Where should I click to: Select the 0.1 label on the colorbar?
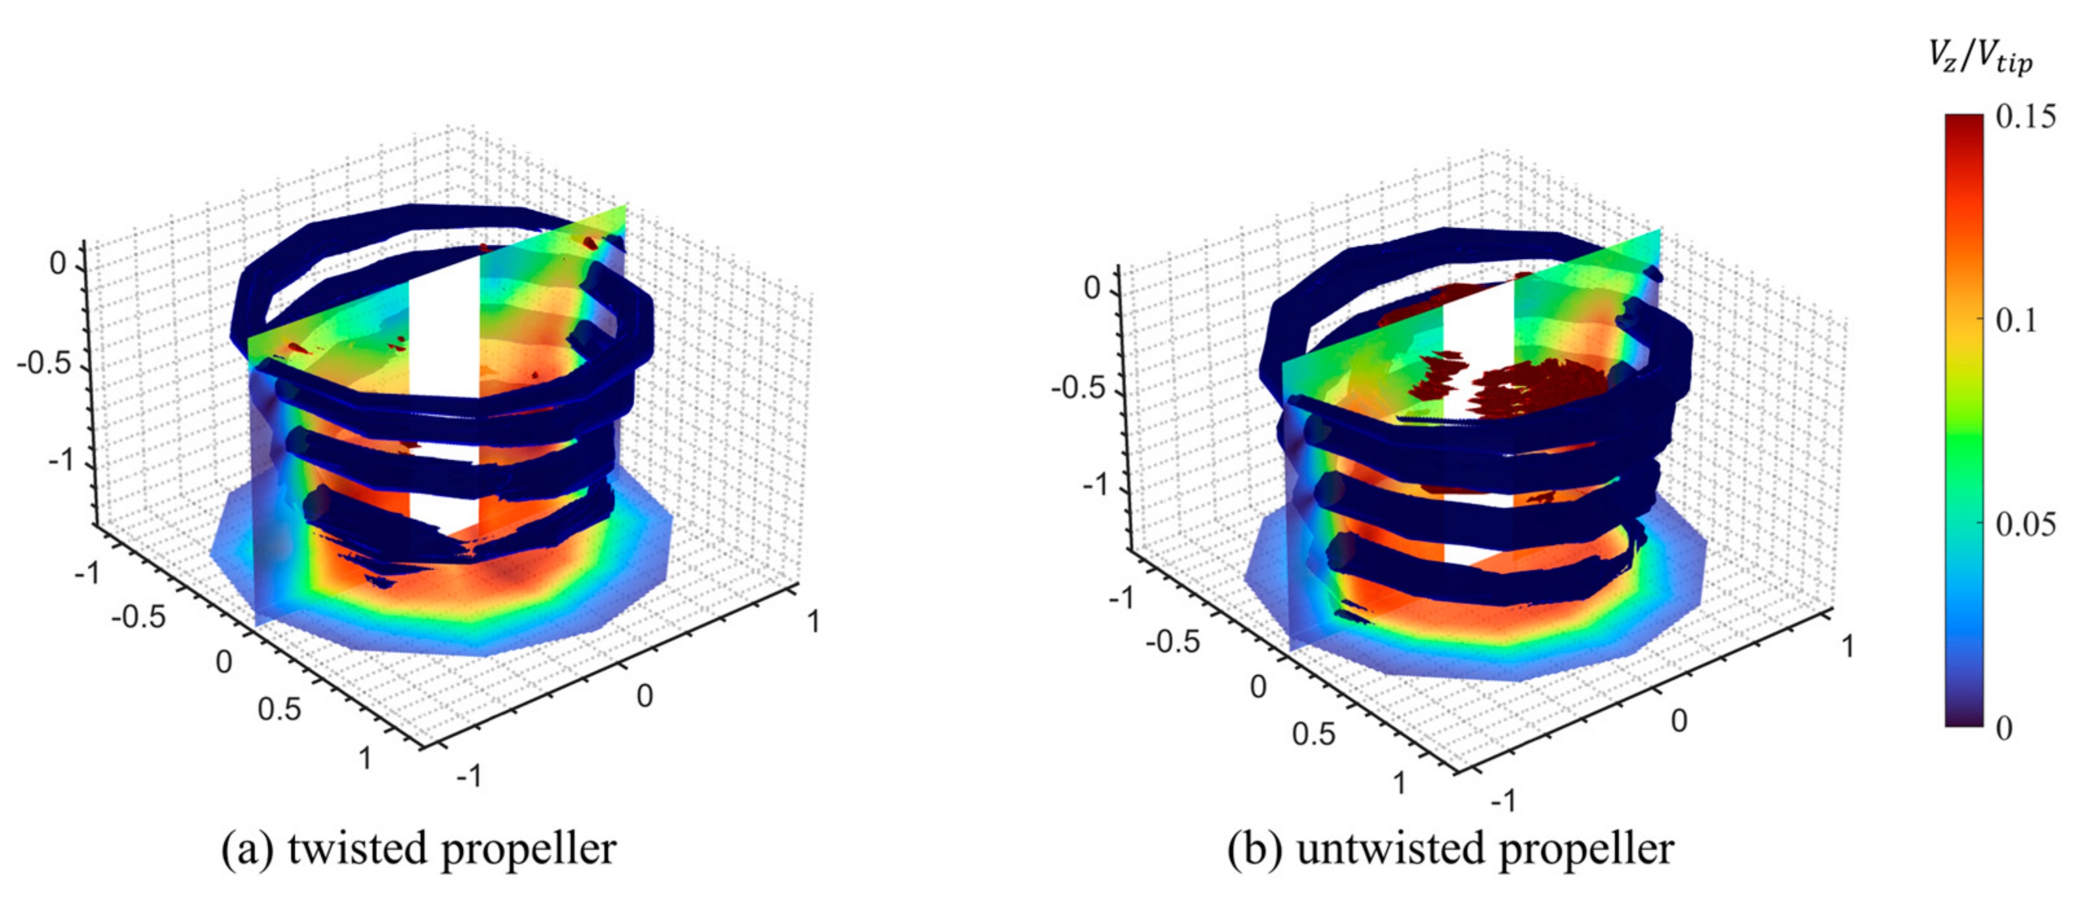(x=2015, y=321)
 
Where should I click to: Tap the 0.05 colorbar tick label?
(x=2025, y=525)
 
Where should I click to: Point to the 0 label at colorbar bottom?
(x=2004, y=728)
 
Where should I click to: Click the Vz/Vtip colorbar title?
(x=1981, y=58)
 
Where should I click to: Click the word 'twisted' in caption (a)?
(x=360, y=849)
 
